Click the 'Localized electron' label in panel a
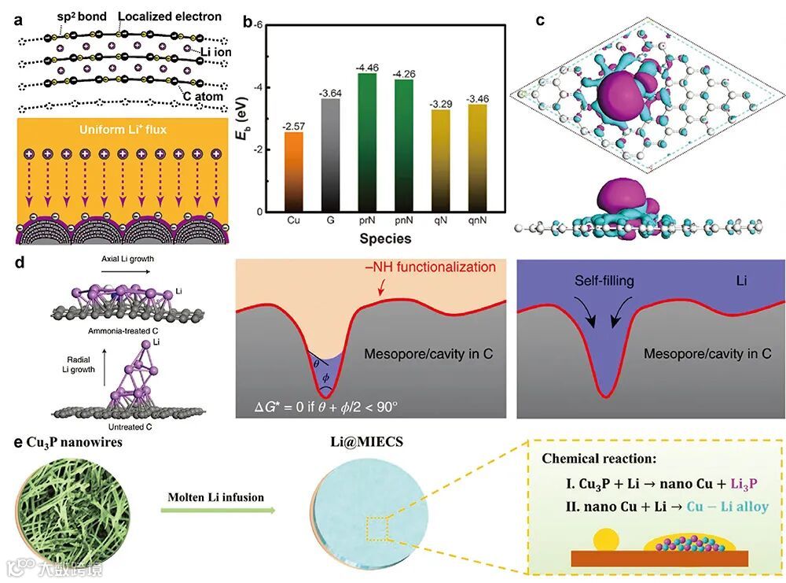[x=166, y=16]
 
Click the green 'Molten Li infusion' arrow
[x=219, y=512]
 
